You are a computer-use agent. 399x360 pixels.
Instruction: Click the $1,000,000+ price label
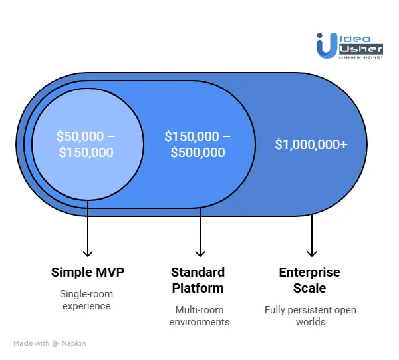pos(311,144)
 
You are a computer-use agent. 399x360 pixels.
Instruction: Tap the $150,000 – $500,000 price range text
pos(198,144)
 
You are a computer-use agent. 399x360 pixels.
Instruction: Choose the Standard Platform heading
pos(198,280)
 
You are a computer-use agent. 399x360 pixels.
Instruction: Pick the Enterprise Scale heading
pos(310,280)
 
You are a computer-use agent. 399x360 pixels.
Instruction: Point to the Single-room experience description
pos(86,300)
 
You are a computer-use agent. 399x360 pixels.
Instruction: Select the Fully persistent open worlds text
pos(310,316)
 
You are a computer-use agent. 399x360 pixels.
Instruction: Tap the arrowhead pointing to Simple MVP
pos(87,252)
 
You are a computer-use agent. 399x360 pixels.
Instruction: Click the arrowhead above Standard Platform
pos(199,252)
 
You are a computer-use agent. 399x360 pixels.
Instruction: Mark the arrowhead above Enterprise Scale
pos(311,252)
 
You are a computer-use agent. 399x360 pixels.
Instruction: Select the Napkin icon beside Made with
pos(56,344)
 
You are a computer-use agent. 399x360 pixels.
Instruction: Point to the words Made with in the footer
pos(31,344)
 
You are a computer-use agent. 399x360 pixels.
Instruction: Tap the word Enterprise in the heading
pos(310,272)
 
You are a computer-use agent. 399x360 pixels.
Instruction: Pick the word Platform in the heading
pos(198,288)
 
